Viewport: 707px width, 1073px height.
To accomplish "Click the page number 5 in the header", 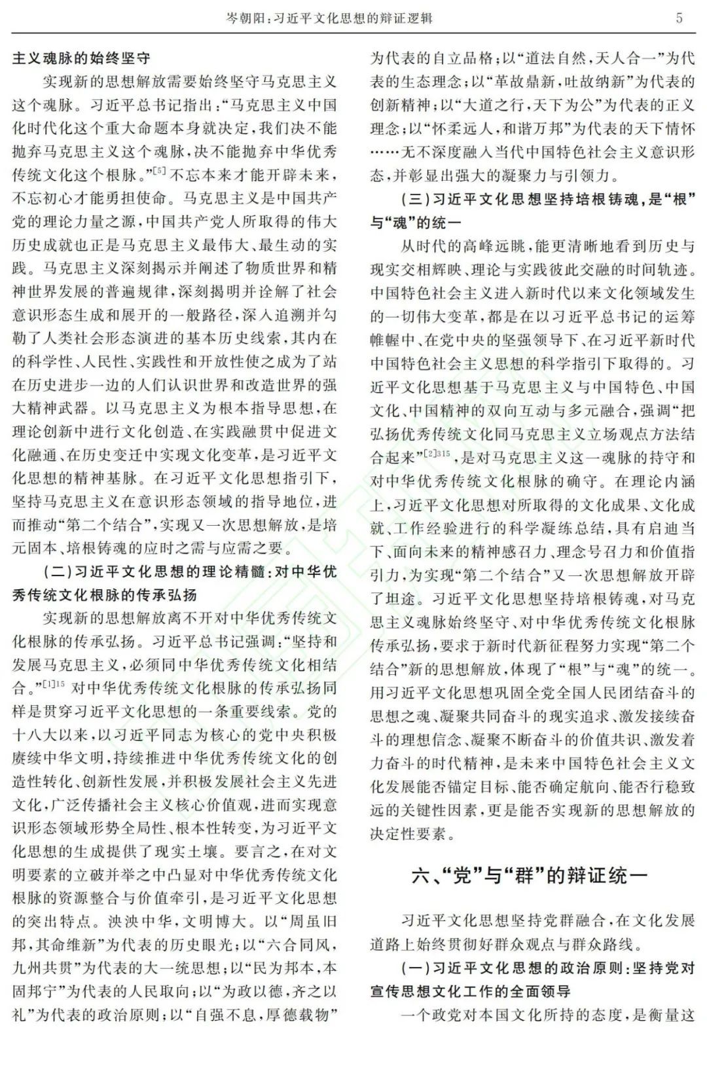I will click(680, 18).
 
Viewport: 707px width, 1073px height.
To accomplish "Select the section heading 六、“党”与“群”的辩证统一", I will click(530, 875).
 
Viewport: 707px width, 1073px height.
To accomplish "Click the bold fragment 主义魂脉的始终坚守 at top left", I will click(81, 58).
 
